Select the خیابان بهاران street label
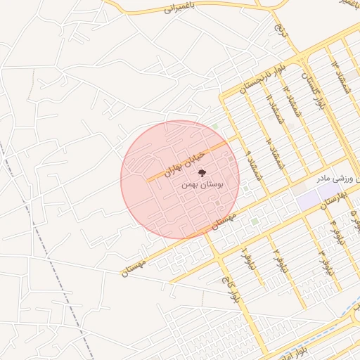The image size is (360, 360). [184, 162]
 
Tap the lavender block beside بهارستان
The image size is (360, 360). [308, 198]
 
